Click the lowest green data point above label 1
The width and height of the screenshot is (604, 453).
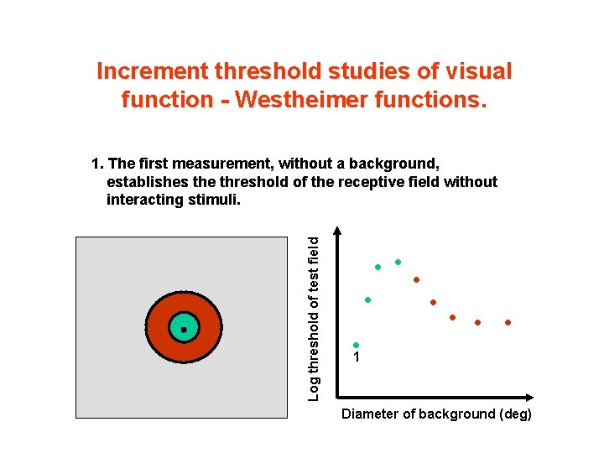[x=356, y=345]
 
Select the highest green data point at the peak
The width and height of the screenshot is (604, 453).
[x=398, y=262]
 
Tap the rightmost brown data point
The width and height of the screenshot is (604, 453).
[x=508, y=322]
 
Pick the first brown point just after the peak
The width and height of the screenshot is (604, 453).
[x=416, y=279]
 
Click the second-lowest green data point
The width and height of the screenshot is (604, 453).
[x=367, y=299]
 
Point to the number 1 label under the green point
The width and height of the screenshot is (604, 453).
[x=357, y=358]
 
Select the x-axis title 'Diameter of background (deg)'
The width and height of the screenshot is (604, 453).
[x=436, y=414]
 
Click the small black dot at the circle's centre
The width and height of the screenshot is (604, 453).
[x=183, y=330]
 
